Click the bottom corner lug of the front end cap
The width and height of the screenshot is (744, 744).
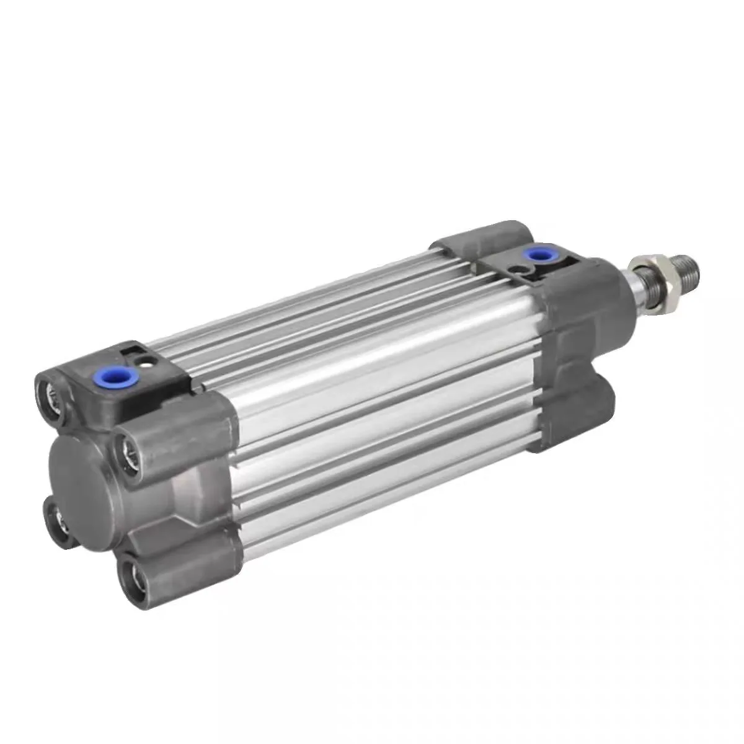click(577, 409)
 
